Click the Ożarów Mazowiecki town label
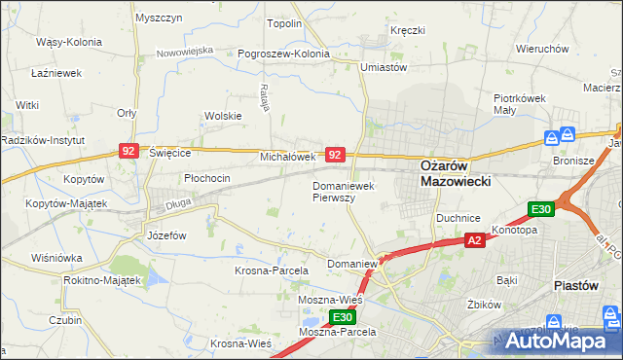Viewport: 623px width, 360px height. click(x=455, y=173)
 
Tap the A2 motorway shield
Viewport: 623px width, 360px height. click(x=474, y=240)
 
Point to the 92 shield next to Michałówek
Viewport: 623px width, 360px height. click(x=335, y=155)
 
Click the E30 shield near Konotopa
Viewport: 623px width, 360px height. click(x=541, y=209)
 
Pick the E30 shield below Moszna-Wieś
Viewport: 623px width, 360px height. click(x=341, y=317)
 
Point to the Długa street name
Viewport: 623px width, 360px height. click(x=178, y=204)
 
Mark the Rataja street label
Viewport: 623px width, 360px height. click(x=264, y=97)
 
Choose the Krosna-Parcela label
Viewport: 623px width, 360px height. click(x=272, y=270)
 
